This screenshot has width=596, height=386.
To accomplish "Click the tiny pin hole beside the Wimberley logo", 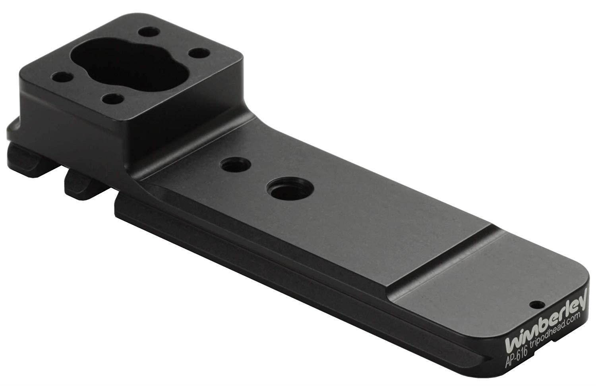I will (x=538, y=304).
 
